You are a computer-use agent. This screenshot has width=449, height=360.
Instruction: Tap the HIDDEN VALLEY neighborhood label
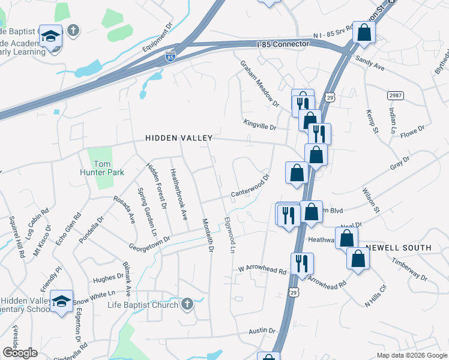pyautogui.click(x=179, y=138)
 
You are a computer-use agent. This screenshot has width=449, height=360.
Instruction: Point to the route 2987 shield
pyautogui.click(x=394, y=95)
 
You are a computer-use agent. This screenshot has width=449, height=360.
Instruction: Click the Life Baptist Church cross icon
pyautogui.click(x=187, y=304)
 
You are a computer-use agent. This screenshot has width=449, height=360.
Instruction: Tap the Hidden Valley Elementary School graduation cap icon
pyautogui.click(x=61, y=302)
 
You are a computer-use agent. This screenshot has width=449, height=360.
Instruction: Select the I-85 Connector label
pyautogui.click(x=282, y=44)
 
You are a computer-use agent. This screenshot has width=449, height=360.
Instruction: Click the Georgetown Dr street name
pyautogui.click(x=149, y=242)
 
